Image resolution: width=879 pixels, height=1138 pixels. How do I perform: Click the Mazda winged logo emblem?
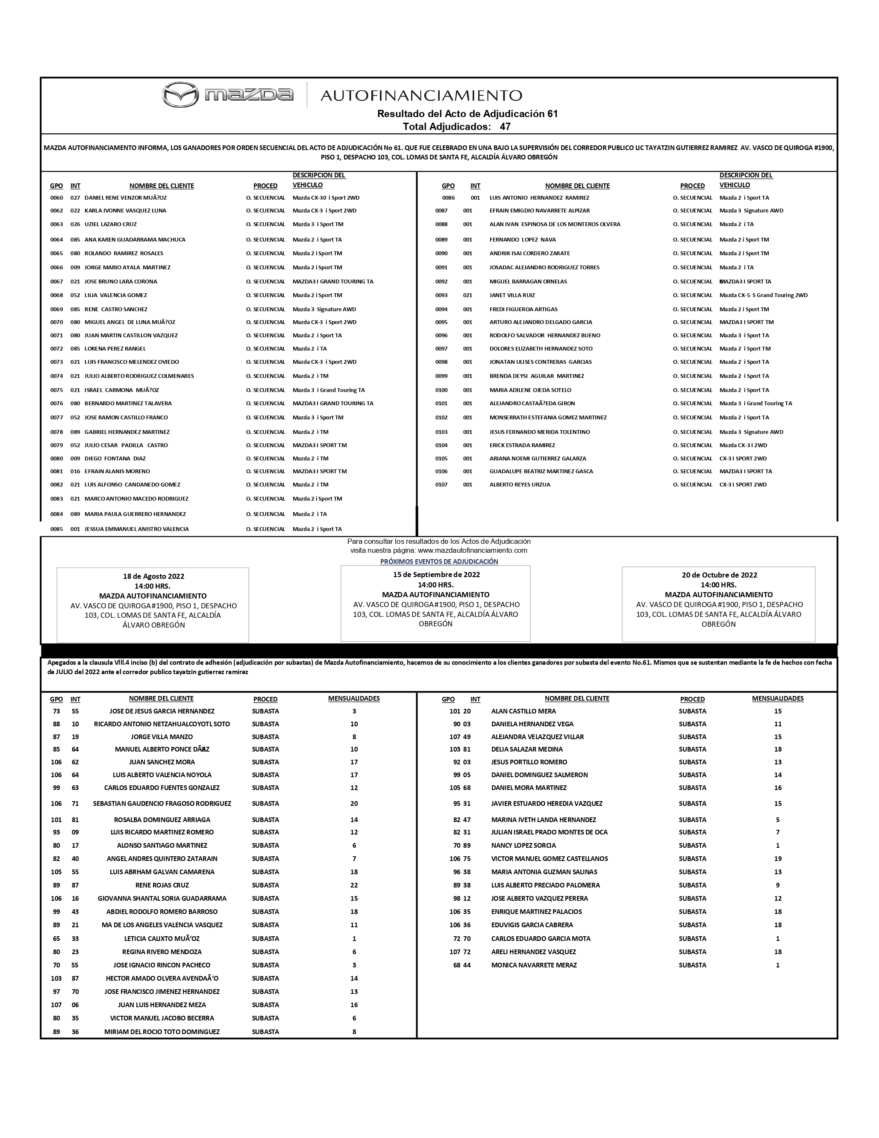[x=180, y=94]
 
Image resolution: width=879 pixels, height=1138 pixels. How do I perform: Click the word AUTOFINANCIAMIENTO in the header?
[x=421, y=95]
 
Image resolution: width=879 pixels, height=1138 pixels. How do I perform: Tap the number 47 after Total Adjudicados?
[x=505, y=127]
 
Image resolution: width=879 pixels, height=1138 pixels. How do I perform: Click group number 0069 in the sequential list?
[x=56, y=310]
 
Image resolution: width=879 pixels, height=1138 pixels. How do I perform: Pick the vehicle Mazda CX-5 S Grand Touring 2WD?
[x=763, y=295]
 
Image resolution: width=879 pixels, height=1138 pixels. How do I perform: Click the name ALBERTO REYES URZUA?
[x=519, y=485]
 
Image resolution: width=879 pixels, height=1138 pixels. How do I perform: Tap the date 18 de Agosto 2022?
[x=153, y=576]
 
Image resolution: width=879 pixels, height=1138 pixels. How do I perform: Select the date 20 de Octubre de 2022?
[x=719, y=575]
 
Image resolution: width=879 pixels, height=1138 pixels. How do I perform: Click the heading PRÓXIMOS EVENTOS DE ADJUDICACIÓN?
[x=439, y=562]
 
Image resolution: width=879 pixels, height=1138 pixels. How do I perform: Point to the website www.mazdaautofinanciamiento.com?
[x=472, y=550]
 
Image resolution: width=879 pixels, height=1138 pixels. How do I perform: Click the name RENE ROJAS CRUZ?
[x=162, y=885]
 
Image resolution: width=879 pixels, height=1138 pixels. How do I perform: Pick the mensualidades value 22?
[x=354, y=885]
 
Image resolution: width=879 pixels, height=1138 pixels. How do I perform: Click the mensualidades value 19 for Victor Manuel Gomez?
[x=777, y=859]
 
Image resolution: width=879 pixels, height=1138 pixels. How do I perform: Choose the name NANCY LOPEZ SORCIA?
[x=523, y=846]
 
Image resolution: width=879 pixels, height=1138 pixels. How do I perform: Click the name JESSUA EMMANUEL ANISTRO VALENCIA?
[x=136, y=529]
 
